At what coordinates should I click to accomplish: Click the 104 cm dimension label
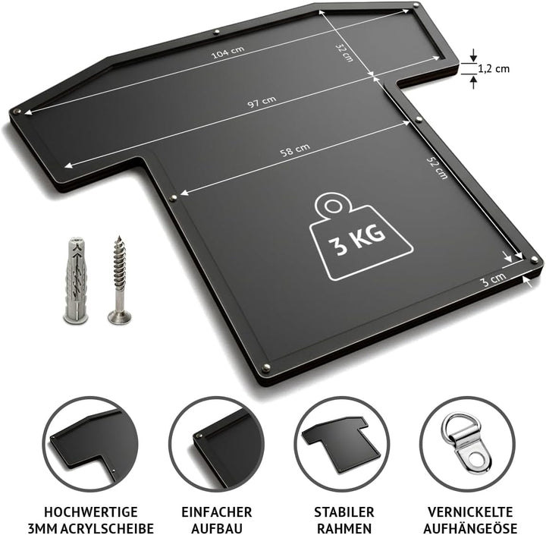228,52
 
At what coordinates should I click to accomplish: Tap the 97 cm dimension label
262,102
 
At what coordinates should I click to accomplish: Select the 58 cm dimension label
295,150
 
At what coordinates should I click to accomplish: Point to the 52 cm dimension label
438,168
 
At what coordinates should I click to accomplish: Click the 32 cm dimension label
344,52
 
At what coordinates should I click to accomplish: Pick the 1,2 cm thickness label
494,68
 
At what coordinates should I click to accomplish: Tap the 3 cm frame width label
494,279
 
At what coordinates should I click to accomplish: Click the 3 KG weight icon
361,237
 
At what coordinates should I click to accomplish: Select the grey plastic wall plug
76,280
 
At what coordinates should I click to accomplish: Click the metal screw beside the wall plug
120,279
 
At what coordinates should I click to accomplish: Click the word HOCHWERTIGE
91,512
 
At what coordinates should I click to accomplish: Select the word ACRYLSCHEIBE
107,528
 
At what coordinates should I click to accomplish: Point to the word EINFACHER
217,512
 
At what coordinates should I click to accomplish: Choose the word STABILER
344,512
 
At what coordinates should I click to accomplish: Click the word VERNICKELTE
470,512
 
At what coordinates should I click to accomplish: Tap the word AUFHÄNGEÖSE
470,527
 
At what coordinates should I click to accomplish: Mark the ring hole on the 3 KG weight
333,206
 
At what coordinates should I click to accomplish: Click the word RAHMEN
344,528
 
